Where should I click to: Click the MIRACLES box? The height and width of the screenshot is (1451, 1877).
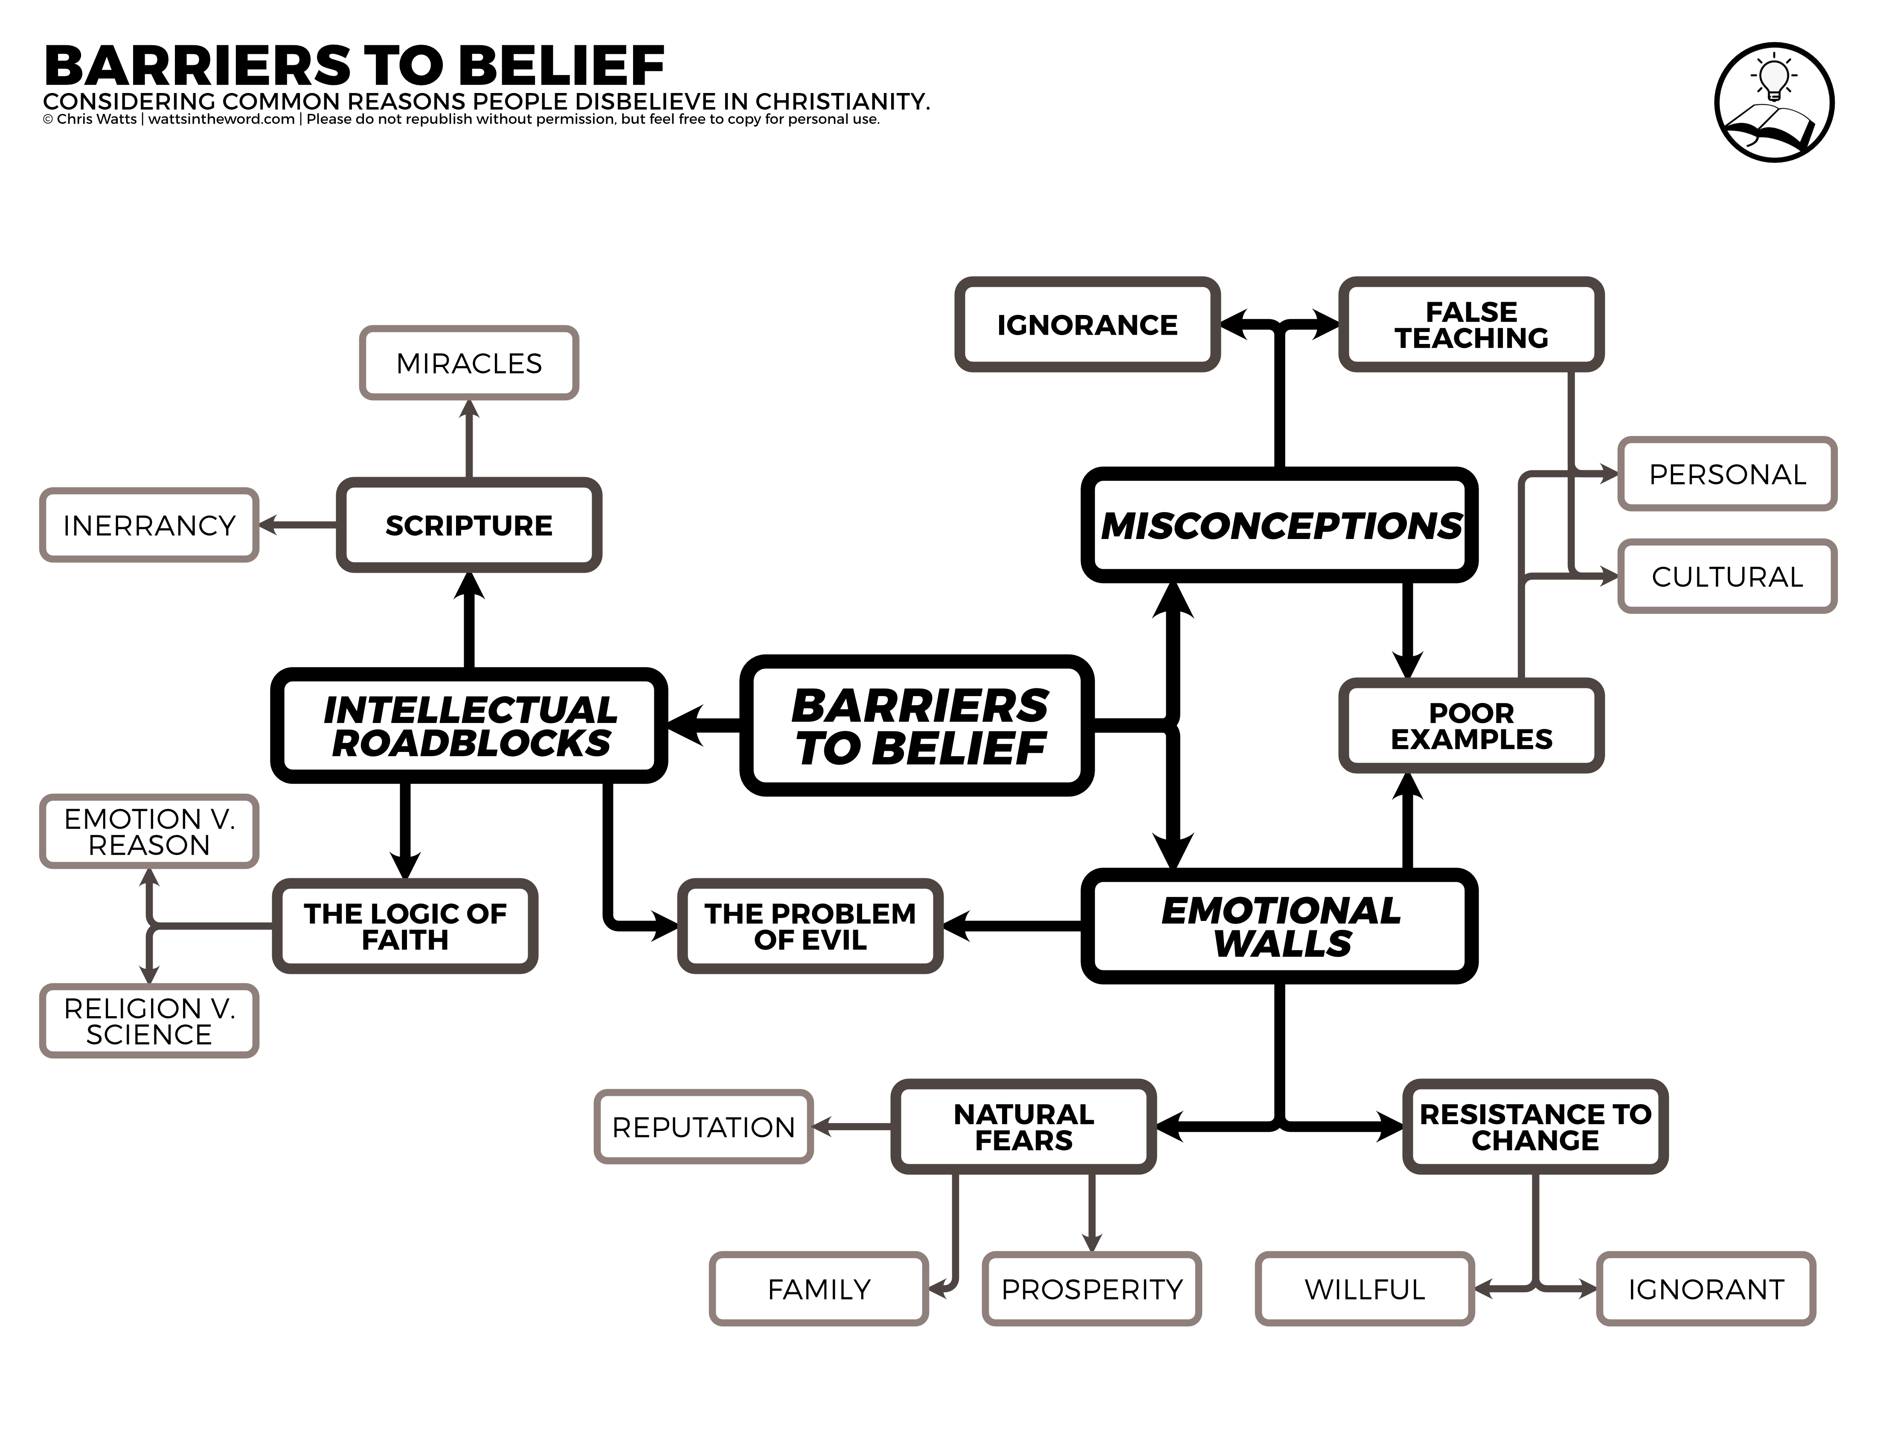pos(468,363)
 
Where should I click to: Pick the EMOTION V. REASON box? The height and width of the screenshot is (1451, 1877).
pos(149,831)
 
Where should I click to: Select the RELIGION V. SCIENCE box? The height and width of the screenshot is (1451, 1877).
pos(149,1020)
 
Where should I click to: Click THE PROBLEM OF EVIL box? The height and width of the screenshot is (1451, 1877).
pos(810,926)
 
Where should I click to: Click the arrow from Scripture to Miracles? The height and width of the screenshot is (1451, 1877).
pos(468,438)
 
